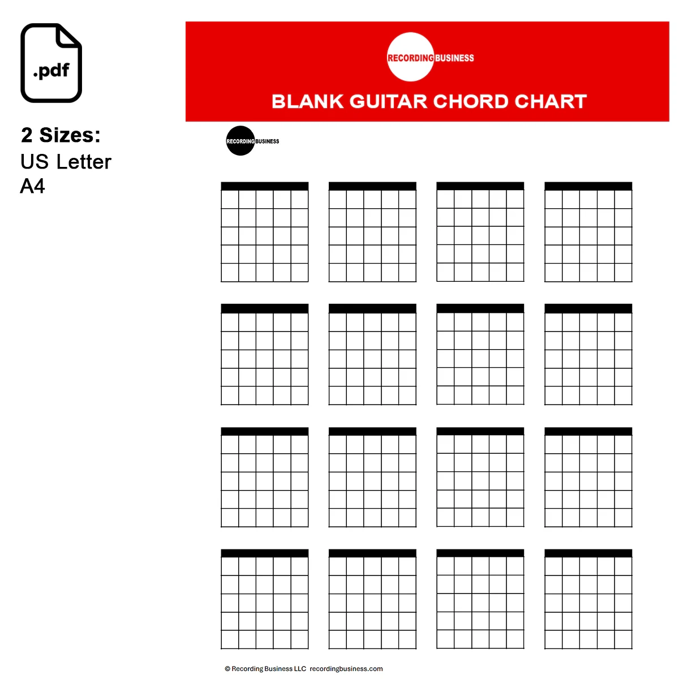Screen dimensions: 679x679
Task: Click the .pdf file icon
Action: [51, 63]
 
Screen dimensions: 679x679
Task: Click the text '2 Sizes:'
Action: [61, 135]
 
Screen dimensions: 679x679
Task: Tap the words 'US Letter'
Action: [66, 162]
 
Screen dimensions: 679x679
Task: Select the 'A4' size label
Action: [32, 186]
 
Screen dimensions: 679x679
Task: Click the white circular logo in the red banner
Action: [411, 57]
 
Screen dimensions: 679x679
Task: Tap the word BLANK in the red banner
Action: [307, 101]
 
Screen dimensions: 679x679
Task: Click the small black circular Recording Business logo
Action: [240, 140]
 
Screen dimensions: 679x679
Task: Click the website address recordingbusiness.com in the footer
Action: [346, 669]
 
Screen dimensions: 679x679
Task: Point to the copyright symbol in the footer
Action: [227, 669]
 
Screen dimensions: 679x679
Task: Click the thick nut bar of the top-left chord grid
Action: [264, 186]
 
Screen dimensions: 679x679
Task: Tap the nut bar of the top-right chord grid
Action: [588, 186]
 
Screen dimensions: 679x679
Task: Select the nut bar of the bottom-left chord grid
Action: [264, 553]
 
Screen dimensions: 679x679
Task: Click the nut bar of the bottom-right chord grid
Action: [588, 553]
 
